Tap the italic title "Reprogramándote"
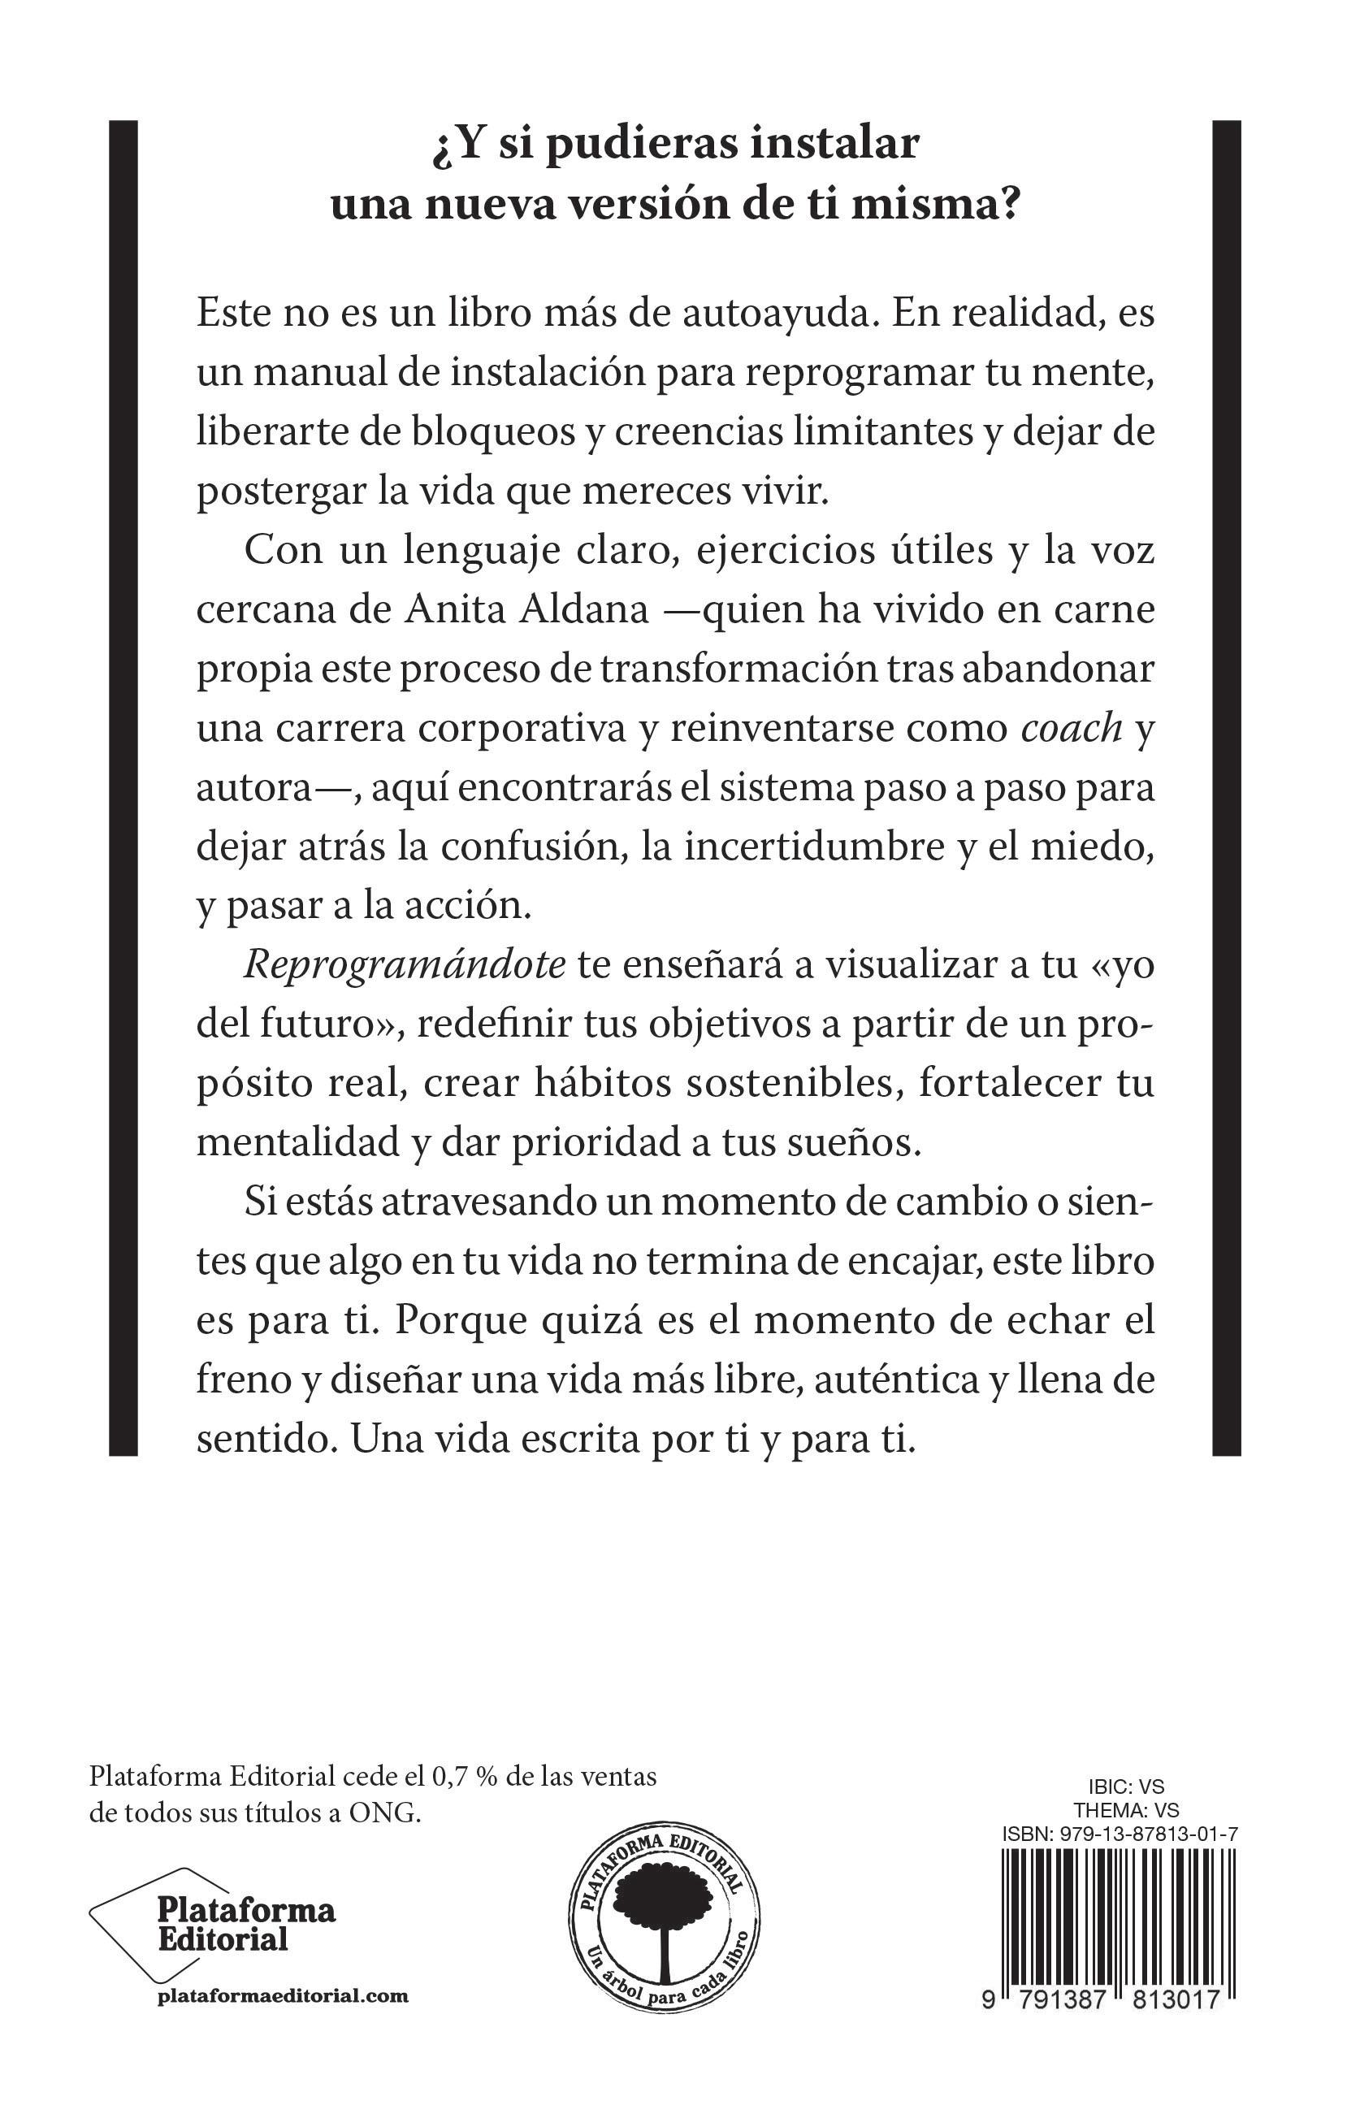[x=404, y=966]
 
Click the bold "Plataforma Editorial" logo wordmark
[x=246, y=1924]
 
